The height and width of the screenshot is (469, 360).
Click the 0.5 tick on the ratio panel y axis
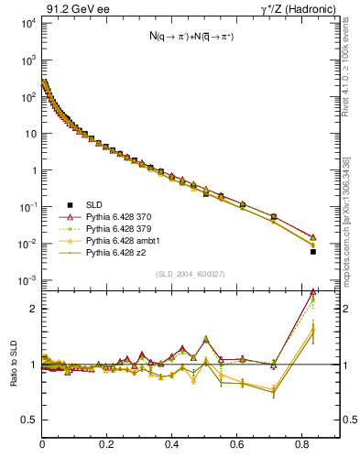coord(28,420)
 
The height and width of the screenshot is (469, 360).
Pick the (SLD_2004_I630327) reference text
coord(192,275)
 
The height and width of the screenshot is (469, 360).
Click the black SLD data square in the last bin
coord(313,251)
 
